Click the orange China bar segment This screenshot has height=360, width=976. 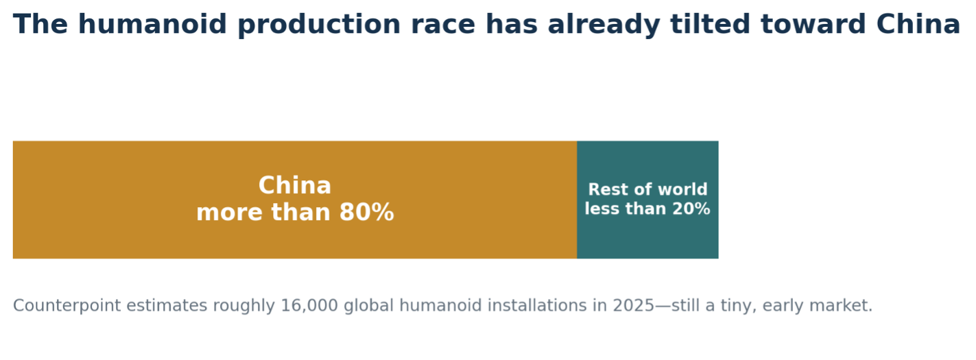tap(295, 200)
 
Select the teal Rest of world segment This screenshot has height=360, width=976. tap(648, 200)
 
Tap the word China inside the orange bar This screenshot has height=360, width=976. tap(295, 186)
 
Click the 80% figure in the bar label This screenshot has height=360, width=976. tap(367, 213)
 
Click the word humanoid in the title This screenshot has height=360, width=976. tap(152, 24)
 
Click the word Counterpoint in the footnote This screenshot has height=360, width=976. tap(67, 306)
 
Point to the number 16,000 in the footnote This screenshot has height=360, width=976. tap(309, 306)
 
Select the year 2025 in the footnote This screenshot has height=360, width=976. tap(634, 306)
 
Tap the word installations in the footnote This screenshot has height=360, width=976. tap(537, 306)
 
